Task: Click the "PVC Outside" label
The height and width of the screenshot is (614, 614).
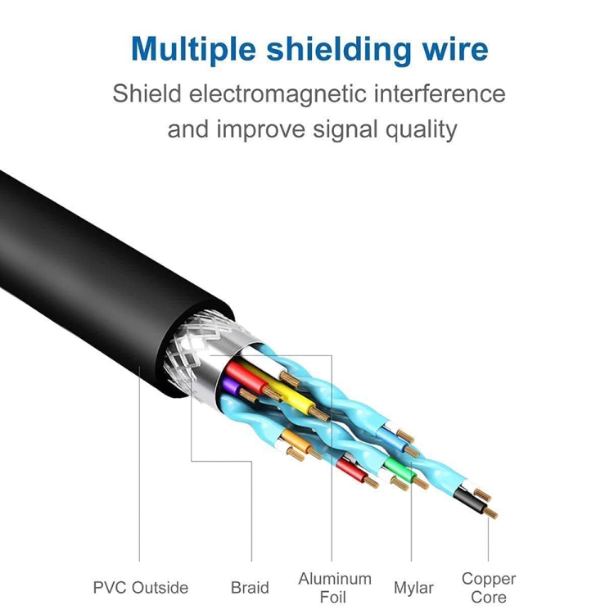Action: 140,587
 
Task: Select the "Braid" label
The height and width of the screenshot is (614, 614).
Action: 250,587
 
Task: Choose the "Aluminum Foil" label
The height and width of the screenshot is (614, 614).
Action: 334,587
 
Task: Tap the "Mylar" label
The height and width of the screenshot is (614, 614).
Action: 413,587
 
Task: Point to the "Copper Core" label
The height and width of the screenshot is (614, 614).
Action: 489,587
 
